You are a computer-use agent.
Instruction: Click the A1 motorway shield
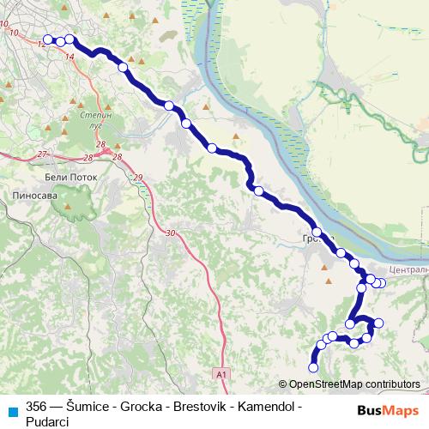point(221,375)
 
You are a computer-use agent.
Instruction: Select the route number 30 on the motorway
point(170,233)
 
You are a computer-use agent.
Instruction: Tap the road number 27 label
point(43,154)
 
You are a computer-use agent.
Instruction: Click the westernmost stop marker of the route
point(48,39)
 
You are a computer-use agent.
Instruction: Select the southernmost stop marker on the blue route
point(313,367)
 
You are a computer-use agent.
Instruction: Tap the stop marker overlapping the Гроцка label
point(317,232)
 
